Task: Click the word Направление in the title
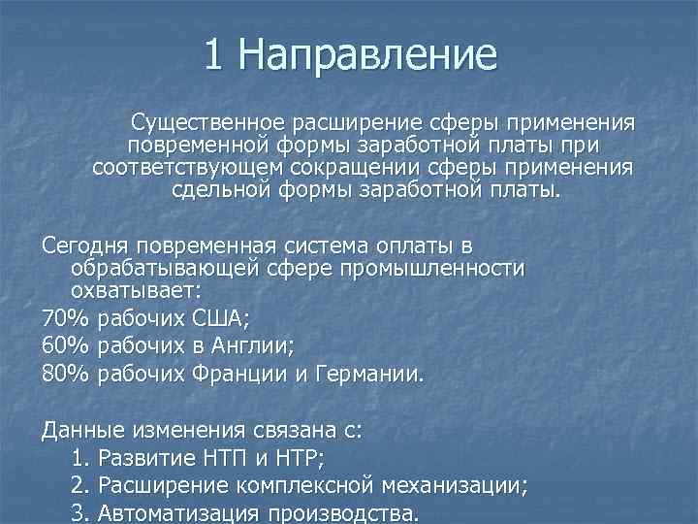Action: coord(366,55)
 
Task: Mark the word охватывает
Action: coord(130,290)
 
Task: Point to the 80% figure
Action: coord(65,374)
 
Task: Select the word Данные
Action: coord(81,428)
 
